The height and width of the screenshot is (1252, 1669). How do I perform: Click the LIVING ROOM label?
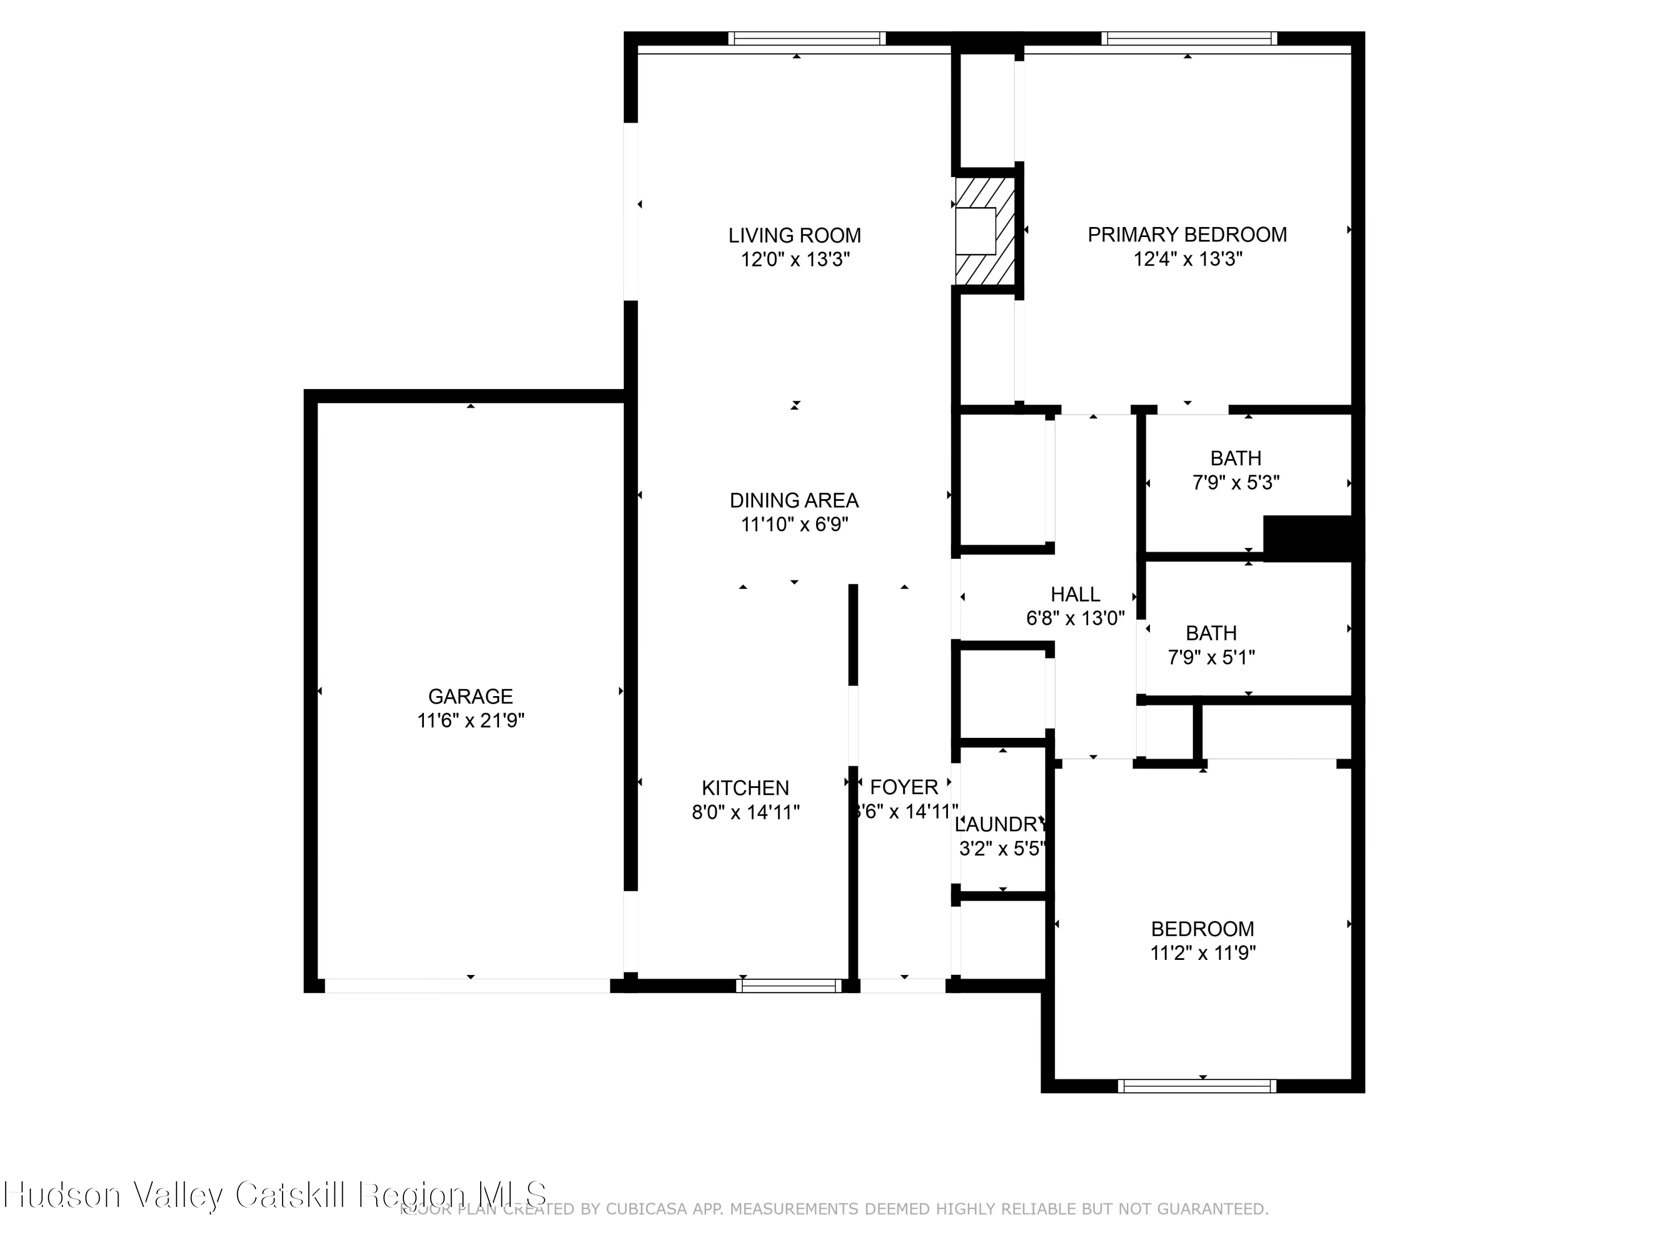tap(794, 235)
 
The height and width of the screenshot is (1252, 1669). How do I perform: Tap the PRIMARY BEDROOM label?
tap(1187, 235)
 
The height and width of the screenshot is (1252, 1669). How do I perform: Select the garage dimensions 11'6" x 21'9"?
tap(470, 721)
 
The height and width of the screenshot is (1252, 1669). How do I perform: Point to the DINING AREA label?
tap(794, 500)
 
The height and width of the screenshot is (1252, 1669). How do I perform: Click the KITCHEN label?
tap(745, 788)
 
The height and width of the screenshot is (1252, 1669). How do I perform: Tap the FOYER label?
tap(904, 787)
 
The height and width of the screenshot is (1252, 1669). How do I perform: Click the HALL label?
tap(1075, 595)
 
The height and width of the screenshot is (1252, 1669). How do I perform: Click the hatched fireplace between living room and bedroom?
tap(985, 231)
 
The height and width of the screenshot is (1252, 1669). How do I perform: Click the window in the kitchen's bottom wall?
tap(788, 985)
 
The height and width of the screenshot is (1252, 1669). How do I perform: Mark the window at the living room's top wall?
tap(807, 38)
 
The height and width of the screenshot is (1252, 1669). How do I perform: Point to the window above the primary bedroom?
tap(1188, 38)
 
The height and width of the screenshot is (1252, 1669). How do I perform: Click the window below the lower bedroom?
tap(1197, 1086)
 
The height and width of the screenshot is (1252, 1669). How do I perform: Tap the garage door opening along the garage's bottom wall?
tap(467, 985)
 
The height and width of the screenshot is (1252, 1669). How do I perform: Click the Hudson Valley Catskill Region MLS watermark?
tap(275, 1195)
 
